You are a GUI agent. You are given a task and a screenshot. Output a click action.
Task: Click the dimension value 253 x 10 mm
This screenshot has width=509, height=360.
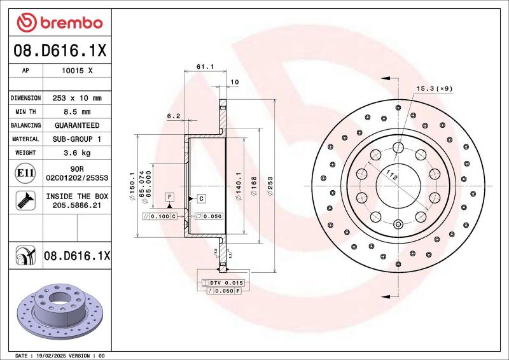76,99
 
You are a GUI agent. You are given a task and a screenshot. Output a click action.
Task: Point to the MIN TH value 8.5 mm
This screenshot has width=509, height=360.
76,112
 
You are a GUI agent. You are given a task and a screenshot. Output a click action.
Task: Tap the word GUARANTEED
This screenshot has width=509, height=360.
76,125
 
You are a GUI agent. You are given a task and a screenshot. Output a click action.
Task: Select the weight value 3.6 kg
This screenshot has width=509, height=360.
76,153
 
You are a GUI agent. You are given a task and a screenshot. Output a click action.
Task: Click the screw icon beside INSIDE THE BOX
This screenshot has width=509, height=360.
24,201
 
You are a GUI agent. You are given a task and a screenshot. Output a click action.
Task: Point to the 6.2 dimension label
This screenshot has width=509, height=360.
174,116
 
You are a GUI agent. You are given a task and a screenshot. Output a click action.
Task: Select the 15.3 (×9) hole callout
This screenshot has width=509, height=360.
434,88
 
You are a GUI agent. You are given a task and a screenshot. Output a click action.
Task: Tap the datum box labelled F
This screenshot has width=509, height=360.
170,197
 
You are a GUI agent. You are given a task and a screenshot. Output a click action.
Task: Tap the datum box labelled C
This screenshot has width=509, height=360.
200,198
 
